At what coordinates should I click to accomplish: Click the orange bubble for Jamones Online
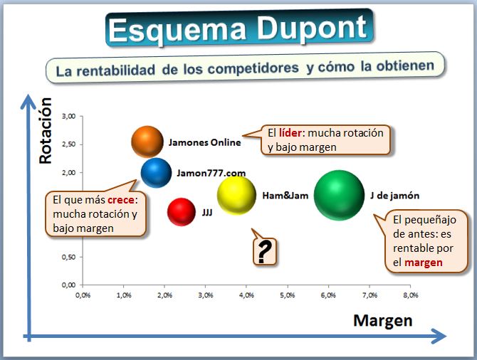click(x=147, y=142)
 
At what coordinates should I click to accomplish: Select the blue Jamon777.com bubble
click(x=156, y=173)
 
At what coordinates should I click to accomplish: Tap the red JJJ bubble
click(x=182, y=212)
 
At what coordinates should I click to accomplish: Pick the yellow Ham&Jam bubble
click(x=236, y=196)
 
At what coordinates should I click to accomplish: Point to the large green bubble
click(x=339, y=195)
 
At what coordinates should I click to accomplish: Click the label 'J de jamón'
click(x=394, y=196)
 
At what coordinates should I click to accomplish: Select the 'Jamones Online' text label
click(x=205, y=142)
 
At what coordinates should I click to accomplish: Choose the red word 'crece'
click(x=121, y=200)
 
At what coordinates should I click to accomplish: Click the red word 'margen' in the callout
click(x=424, y=263)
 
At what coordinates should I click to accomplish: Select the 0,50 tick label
click(x=69, y=257)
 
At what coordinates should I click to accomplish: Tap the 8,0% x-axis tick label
click(x=411, y=295)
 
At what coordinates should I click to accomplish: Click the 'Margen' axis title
click(x=383, y=320)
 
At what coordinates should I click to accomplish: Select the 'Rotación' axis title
click(x=46, y=131)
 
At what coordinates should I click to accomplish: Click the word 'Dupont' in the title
click(x=312, y=28)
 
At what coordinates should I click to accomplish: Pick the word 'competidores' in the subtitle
click(x=253, y=68)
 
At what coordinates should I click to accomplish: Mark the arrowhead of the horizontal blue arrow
click(x=439, y=337)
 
